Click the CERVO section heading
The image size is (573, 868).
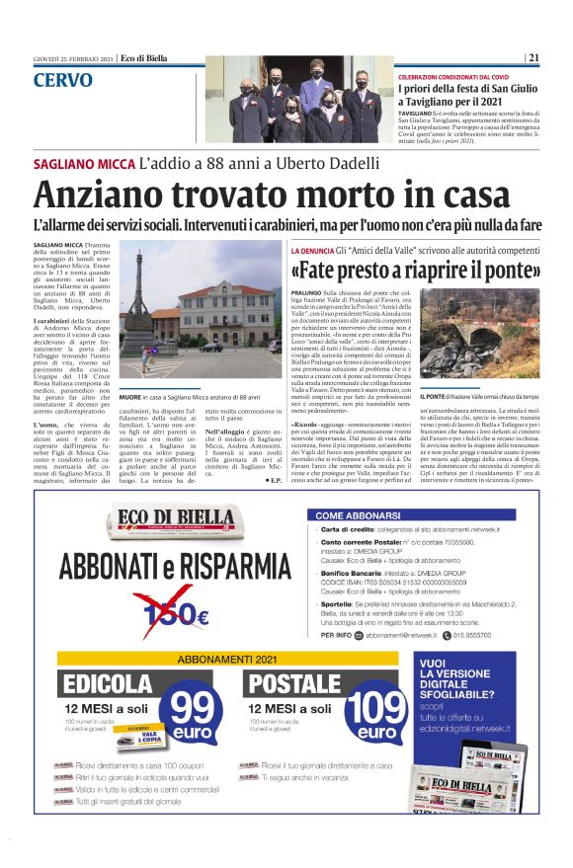coord(62,80)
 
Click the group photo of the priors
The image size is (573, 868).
coord(298,99)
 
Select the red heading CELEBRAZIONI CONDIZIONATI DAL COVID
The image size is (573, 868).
coord(467,76)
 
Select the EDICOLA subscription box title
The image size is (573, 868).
coord(107,683)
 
